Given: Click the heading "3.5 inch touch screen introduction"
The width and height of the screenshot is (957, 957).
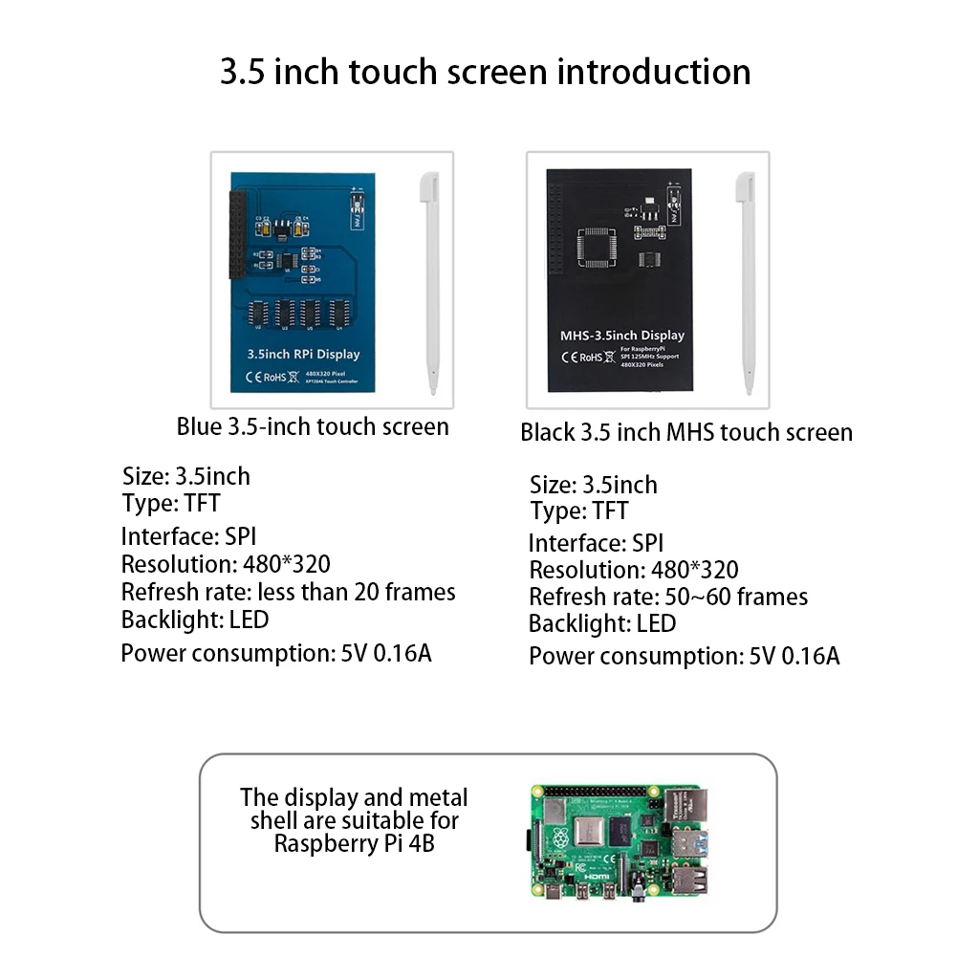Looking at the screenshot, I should click(x=486, y=73).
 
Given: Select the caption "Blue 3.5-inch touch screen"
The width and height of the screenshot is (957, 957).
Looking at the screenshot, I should click(x=313, y=426).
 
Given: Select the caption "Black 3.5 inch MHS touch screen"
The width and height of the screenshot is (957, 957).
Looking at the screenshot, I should click(x=685, y=432).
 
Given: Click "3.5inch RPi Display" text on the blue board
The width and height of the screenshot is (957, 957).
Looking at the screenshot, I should click(x=303, y=355).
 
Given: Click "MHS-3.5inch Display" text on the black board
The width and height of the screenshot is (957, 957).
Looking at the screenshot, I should click(x=621, y=336).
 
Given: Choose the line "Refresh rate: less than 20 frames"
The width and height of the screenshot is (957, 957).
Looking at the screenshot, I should click(x=288, y=593).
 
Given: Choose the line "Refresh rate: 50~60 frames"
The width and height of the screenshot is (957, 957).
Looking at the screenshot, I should click(x=667, y=598).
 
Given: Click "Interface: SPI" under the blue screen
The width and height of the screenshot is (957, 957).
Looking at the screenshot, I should click(x=188, y=536).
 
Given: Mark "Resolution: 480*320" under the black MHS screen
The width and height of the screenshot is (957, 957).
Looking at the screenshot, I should click(x=633, y=571).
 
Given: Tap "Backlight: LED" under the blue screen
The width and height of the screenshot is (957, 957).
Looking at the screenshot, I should click(x=195, y=620).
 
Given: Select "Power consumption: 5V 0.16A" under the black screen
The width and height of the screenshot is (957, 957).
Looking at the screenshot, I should click(x=684, y=657).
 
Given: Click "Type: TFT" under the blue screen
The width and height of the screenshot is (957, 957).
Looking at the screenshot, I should click(x=171, y=503).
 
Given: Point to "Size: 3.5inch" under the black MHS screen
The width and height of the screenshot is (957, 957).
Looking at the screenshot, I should click(x=593, y=485).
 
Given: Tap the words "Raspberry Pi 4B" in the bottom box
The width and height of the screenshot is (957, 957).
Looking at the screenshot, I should click(x=354, y=844).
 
